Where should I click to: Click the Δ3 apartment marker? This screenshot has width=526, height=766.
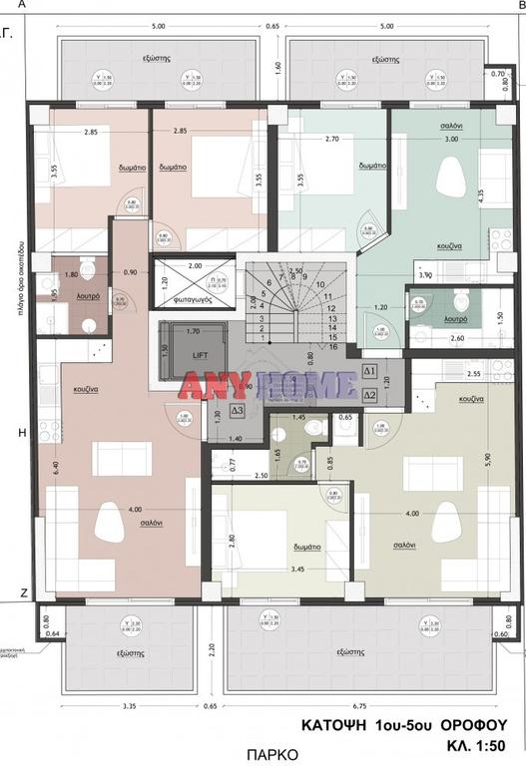(x=238, y=410)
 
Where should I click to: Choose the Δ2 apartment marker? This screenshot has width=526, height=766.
(x=369, y=395)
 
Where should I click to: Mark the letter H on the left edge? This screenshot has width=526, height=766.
(x=9, y=432)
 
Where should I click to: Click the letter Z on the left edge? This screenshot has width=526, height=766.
(x=9, y=592)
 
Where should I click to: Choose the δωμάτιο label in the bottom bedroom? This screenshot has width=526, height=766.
(x=306, y=547)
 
